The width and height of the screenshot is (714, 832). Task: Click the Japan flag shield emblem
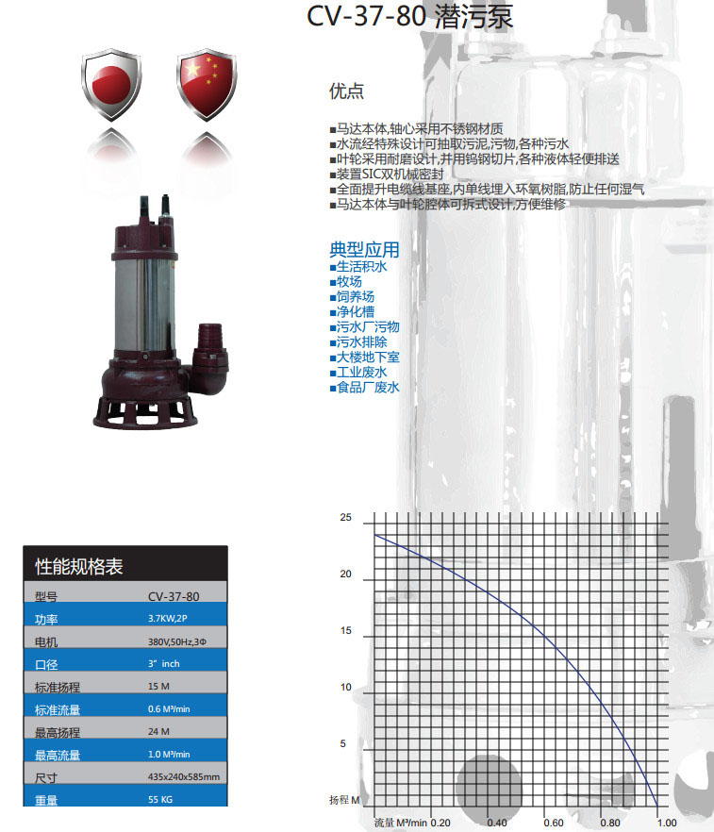point(111,84)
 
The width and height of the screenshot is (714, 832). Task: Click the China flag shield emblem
point(207,84)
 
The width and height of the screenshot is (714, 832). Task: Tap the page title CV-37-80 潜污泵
point(410,16)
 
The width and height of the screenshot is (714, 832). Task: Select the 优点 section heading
point(346,91)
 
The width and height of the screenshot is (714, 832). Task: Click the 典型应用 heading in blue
point(364,249)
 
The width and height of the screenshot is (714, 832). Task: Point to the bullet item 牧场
point(346,281)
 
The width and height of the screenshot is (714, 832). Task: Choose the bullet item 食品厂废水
point(365,388)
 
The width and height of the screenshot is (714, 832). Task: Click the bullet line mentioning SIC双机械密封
point(387,174)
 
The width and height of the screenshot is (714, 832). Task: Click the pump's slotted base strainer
point(145,412)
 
